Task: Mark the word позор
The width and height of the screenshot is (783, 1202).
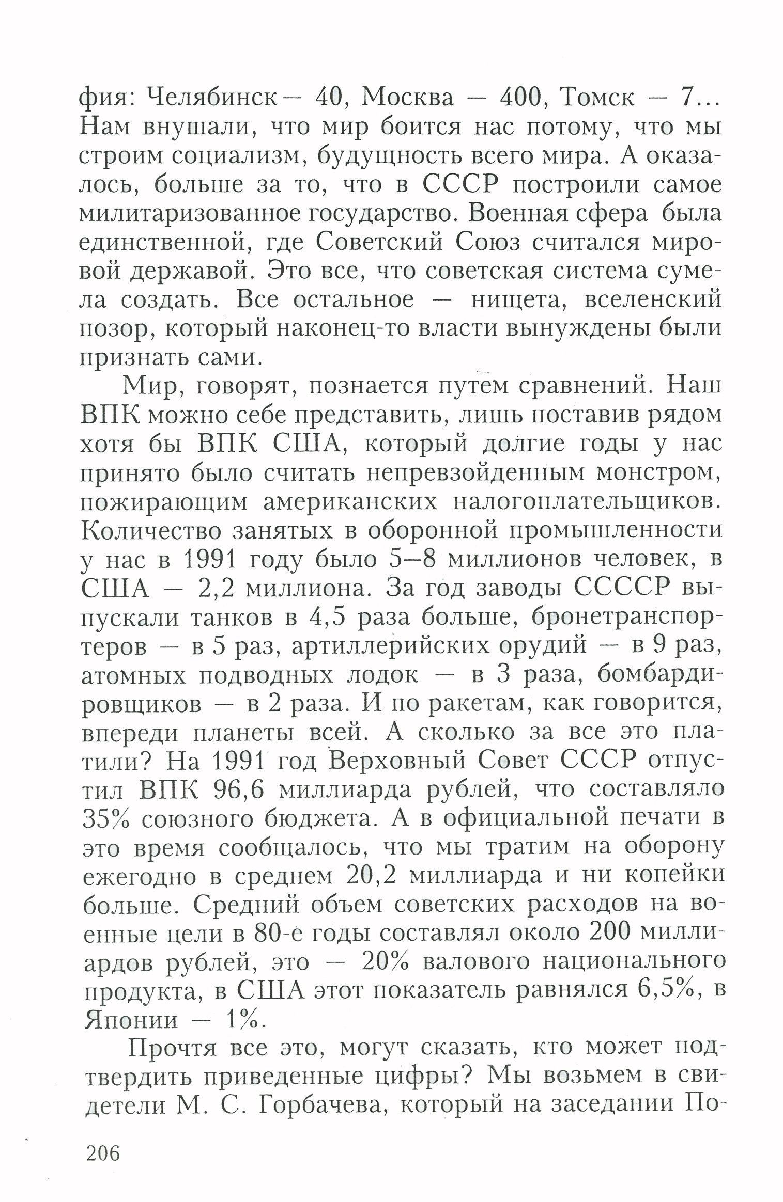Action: pyautogui.click(x=114, y=329)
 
